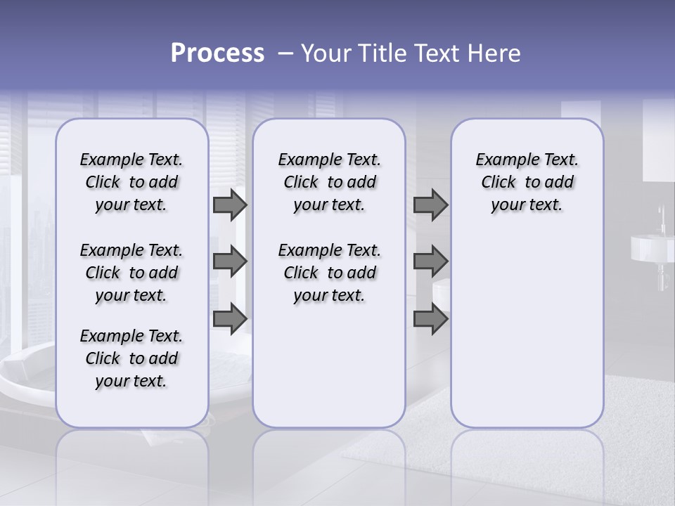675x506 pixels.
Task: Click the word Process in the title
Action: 217,53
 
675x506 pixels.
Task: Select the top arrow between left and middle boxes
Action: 229,205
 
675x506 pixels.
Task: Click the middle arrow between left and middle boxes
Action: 229,261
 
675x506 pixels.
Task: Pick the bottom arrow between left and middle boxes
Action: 229,318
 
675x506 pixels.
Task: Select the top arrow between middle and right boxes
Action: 430,205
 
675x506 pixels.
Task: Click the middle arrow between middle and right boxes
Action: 430,261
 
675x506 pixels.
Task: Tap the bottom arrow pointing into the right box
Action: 430,318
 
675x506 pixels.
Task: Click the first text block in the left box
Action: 131,182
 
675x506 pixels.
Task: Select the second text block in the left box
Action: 131,273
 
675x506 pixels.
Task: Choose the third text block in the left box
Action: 131,358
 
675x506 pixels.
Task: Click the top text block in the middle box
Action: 329,182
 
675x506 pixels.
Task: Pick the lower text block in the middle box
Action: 329,273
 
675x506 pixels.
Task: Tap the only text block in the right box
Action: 527,182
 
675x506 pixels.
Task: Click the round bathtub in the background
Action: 28,379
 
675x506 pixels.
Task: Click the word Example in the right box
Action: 501,160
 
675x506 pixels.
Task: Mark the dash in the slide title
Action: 285,53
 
